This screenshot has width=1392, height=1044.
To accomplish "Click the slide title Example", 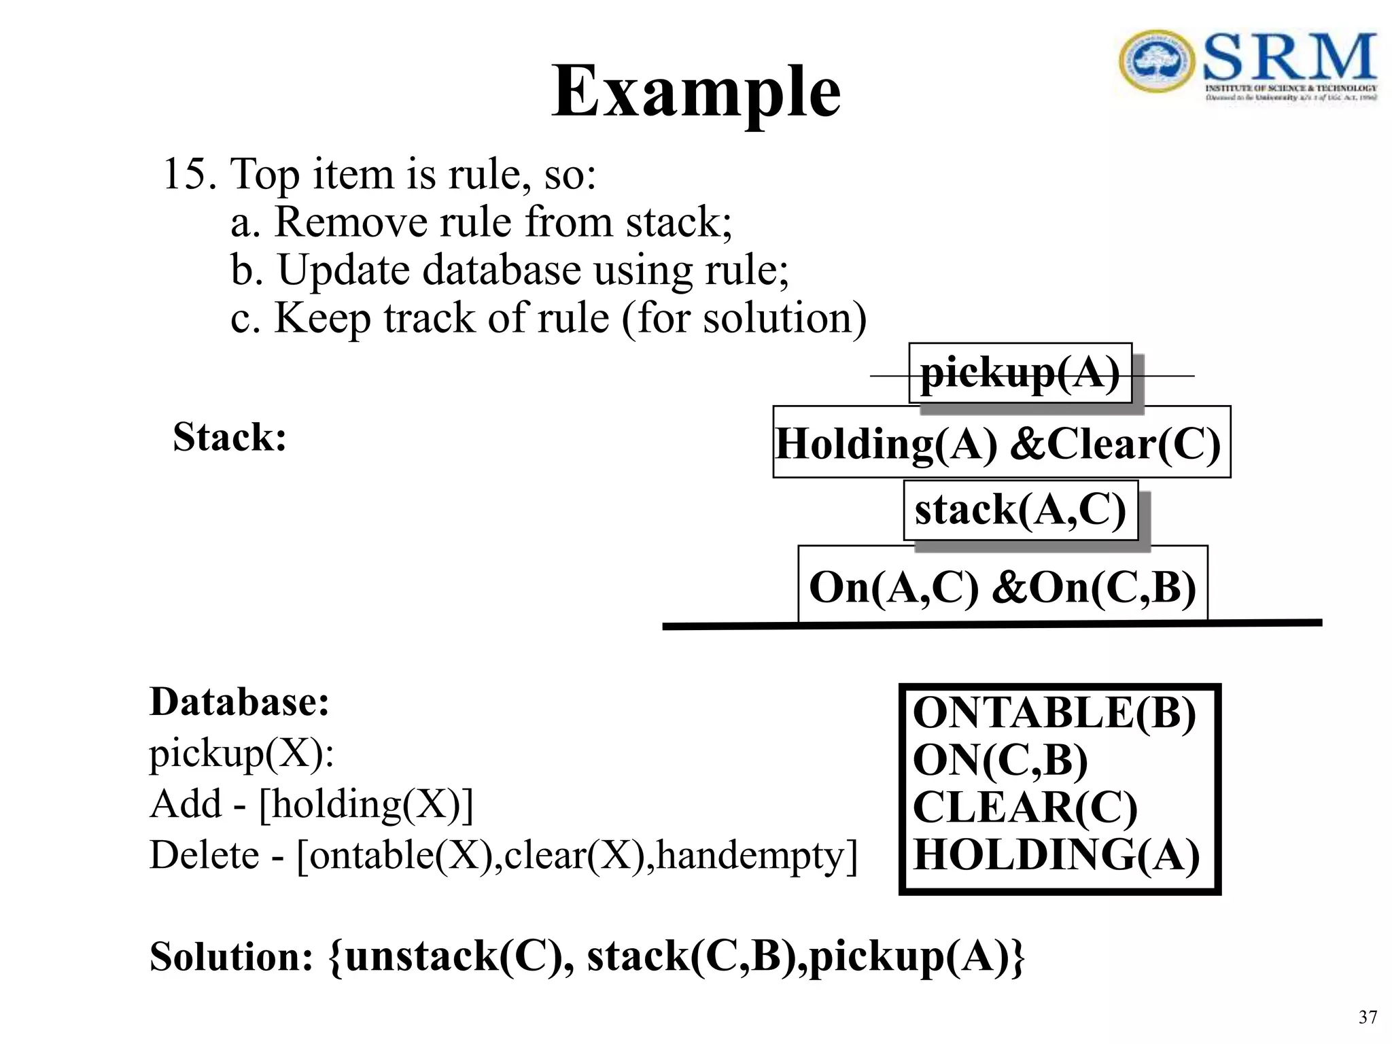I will point(695,92).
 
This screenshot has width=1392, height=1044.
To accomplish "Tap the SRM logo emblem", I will point(1156,62).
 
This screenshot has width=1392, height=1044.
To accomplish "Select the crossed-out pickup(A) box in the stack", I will point(1020,373).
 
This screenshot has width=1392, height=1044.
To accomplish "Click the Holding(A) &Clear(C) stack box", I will point(1000,442).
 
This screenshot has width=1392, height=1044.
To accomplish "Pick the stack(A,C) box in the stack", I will point(1020,510).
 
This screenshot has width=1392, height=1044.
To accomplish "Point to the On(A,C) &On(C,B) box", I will point(1003,585).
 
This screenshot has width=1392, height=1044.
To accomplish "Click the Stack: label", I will point(229,436).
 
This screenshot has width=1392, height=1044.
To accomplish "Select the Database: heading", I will point(239,701).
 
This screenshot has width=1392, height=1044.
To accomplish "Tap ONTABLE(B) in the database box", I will point(1054,713).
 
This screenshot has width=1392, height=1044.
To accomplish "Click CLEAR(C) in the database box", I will point(1024,807).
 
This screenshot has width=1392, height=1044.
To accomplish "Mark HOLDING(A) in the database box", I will point(1056,854).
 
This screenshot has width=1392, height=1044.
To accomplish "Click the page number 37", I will point(1368,1017).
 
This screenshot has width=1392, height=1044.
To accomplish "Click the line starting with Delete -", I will point(503,854).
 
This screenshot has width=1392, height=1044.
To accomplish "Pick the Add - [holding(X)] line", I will point(311,803).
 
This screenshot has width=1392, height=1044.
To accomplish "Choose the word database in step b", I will point(501,270).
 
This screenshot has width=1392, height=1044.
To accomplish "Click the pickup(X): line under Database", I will point(242,753).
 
